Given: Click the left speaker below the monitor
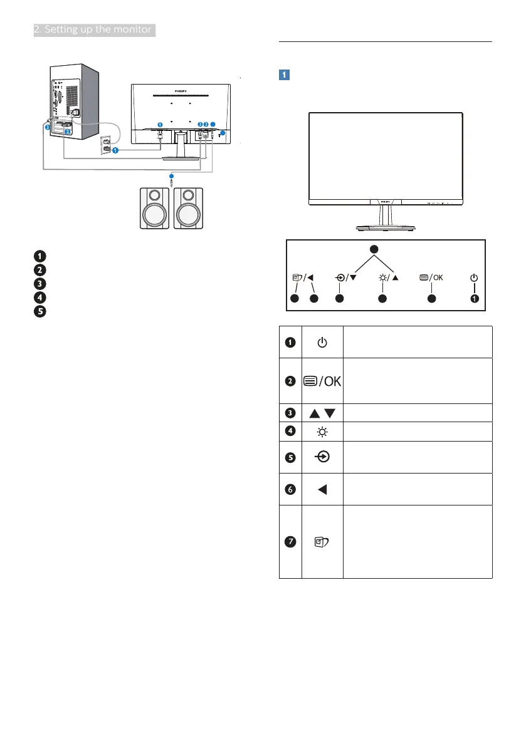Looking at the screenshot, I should pos(152,209).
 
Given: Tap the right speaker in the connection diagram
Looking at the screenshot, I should pos(189,209).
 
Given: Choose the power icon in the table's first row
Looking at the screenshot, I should pos(322,343).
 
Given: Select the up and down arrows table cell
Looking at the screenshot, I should pos(322,413).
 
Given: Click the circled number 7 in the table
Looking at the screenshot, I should pos(290,542).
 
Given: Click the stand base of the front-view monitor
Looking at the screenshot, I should pos(385,229).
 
